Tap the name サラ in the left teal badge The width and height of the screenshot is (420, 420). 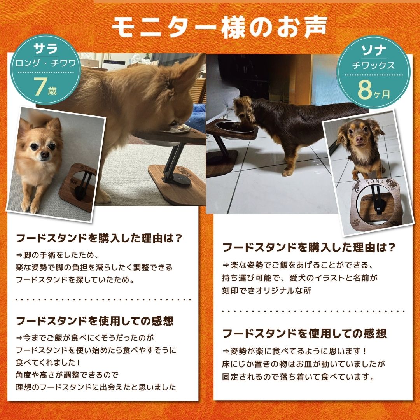[x=46, y=48]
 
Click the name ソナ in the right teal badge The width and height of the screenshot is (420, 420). [x=373, y=50]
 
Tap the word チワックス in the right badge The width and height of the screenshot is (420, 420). [x=373, y=66]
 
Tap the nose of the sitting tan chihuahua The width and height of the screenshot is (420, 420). [x=45, y=154]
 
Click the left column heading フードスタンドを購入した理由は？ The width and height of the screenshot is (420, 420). [x=99, y=238]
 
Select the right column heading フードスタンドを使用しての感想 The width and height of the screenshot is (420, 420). [x=304, y=333]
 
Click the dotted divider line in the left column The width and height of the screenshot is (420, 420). [x=103, y=299]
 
